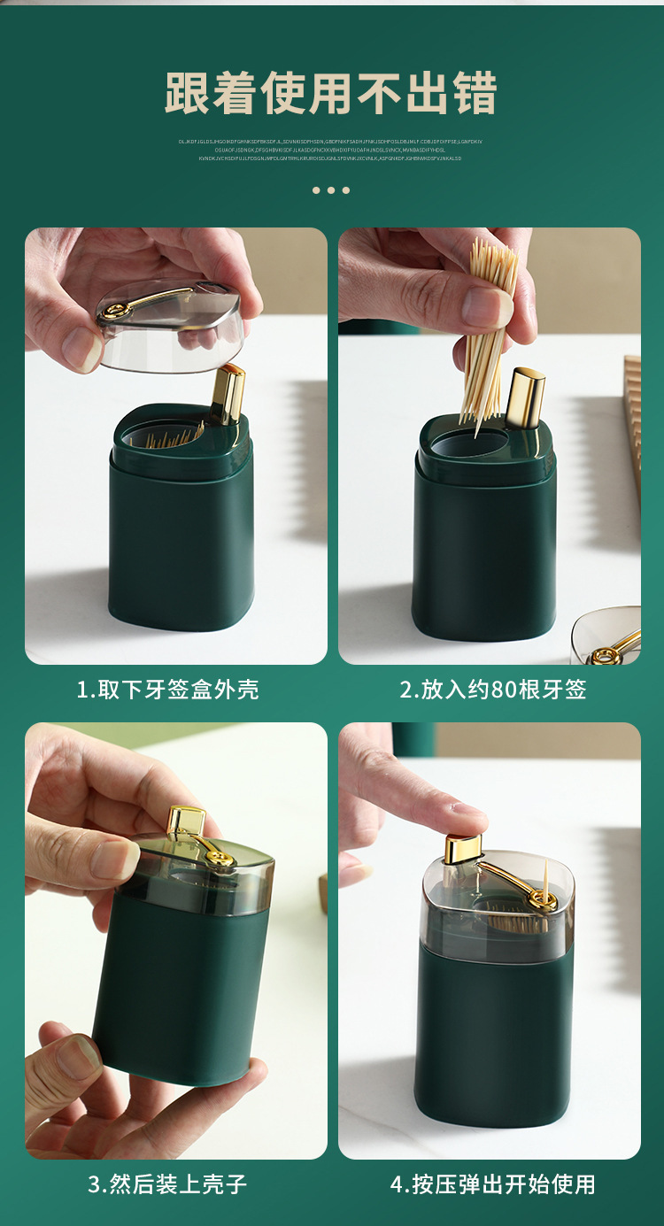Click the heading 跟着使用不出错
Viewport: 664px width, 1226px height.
(x=331, y=94)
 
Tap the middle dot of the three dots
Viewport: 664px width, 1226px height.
(x=331, y=190)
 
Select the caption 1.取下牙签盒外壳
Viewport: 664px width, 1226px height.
(x=167, y=690)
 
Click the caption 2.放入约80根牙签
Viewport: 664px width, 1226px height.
(x=493, y=690)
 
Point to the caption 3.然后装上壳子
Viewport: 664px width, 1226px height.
(x=167, y=1184)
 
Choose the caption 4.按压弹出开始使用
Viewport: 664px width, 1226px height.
(x=493, y=1184)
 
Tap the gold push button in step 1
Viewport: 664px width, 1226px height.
(x=228, y=392)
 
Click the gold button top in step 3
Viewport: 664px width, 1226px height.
(x=187, y=820)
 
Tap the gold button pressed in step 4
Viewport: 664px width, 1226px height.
(x=464, y=847)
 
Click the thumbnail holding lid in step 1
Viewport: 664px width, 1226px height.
(x=83, y=349)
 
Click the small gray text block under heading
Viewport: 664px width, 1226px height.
(x=331, y=150)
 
